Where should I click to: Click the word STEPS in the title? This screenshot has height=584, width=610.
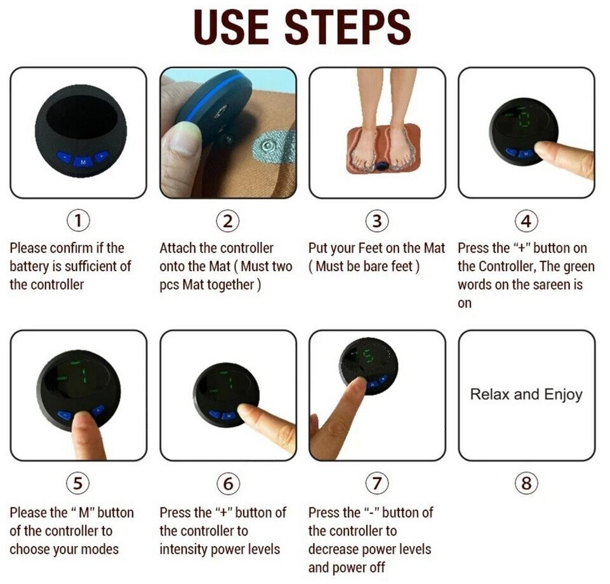pyautogui.click(x=348, y=27)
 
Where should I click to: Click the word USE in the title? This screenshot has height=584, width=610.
pyautogui.click(x=231, y=27)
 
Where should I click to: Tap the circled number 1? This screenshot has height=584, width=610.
pyautogui.click(x=78, y=221)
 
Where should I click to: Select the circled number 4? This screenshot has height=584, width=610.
pyautogui.click(x=526, y=221)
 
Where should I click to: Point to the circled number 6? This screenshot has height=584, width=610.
pyautogui.click(x=228, y=484)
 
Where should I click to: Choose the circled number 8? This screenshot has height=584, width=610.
pyautogui.click(x=526, y=484)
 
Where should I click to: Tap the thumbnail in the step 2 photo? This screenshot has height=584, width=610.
pyautogui.click(x=182, y=138)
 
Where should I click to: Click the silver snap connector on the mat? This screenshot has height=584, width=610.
pyautogui.click(x=267, y=146)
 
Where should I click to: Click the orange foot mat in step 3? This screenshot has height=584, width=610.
pyautogui.click(x=383, y=149)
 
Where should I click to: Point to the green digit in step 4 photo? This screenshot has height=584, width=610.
pyautogui.click(x=524, y=120)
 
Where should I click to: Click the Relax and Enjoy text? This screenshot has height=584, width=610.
pyautogui.click(x=526, y=395)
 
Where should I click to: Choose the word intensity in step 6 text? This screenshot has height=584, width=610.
pyautogui.click(x=183, y=549)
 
